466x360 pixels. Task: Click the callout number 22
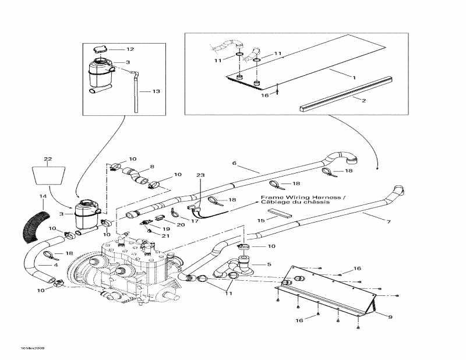[x=48, y=159]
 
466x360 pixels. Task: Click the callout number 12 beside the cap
[x=130, y=50]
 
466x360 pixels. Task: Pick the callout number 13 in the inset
[x=156, y=91]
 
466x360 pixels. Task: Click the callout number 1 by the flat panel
[x=353, y=77]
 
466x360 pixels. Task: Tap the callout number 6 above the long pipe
[x=235, y=164]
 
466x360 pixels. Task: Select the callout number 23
[x=200, y=175]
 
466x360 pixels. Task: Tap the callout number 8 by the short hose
[x=152, y=167]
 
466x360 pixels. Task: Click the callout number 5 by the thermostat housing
[x=269, y=264]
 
